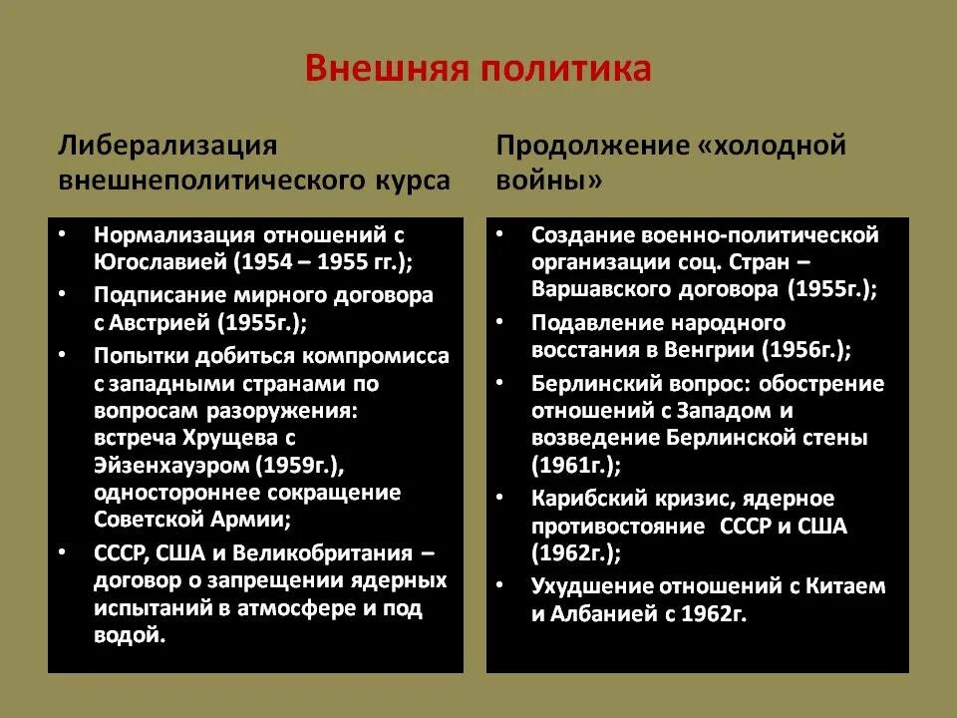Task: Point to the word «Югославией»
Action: (161, 263)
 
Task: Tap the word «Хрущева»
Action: (224, 438)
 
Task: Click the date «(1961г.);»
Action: (576, 465)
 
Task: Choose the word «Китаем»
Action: (847, 586)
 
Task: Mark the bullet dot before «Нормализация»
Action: (63, 235)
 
